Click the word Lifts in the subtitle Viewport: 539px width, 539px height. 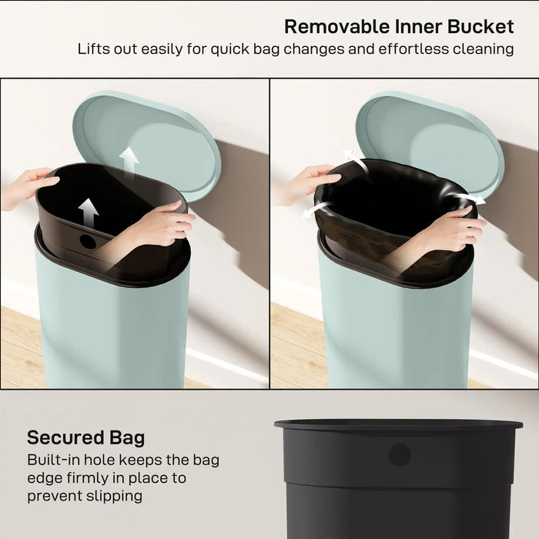(94, 49)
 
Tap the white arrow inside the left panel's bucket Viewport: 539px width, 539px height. (90, 211)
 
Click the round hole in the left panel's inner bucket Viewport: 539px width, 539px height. (88, 241)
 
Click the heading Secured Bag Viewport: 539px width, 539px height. (85, 438)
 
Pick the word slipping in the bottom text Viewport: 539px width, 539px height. (115, 495)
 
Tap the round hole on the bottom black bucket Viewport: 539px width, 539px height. (399, 455)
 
